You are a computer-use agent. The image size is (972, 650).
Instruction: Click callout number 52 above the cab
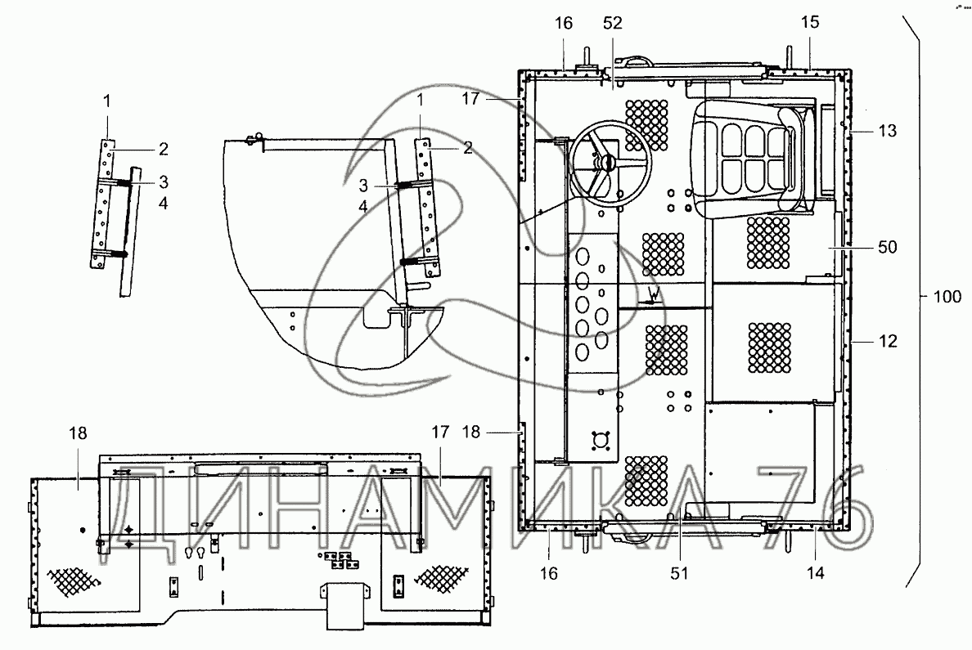[x=613, y=24]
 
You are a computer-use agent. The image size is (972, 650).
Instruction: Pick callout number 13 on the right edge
[x=888, y=131]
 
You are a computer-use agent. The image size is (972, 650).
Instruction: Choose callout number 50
[x=888, y=245]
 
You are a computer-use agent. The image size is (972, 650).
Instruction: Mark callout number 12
[x=888, y=341]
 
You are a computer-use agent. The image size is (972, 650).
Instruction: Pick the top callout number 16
[x=565, y=24]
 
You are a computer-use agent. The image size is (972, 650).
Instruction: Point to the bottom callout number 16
[x=548, y=573]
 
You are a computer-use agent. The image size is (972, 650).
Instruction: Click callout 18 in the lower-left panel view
[x=78, y=433]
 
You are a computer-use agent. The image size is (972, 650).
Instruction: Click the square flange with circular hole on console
[x=605, y=439]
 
